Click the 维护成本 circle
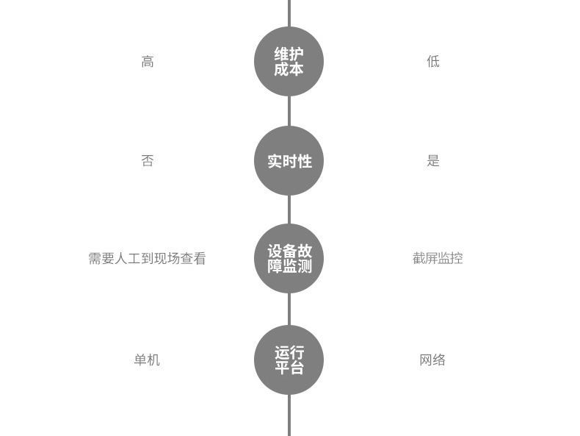(289, 62)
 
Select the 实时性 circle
(289, 161)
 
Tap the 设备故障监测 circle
(289, 259)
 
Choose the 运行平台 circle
(289, 360)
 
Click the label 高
(148, 62)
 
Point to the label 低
(433, 62)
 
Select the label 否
(148, 161)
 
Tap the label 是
(433, 161)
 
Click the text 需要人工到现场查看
(147, 259)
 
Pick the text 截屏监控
(438, 259)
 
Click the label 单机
(147, 360)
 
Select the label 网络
(432, 360)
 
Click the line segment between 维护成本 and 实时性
(289, 111)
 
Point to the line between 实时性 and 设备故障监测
(289, 210)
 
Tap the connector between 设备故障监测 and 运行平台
(289, 310)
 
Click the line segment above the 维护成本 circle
(289, 12)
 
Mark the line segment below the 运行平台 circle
(289, 415)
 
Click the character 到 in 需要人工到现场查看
(147, 259)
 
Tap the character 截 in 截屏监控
(418, 259)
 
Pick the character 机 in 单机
(153, 360)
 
